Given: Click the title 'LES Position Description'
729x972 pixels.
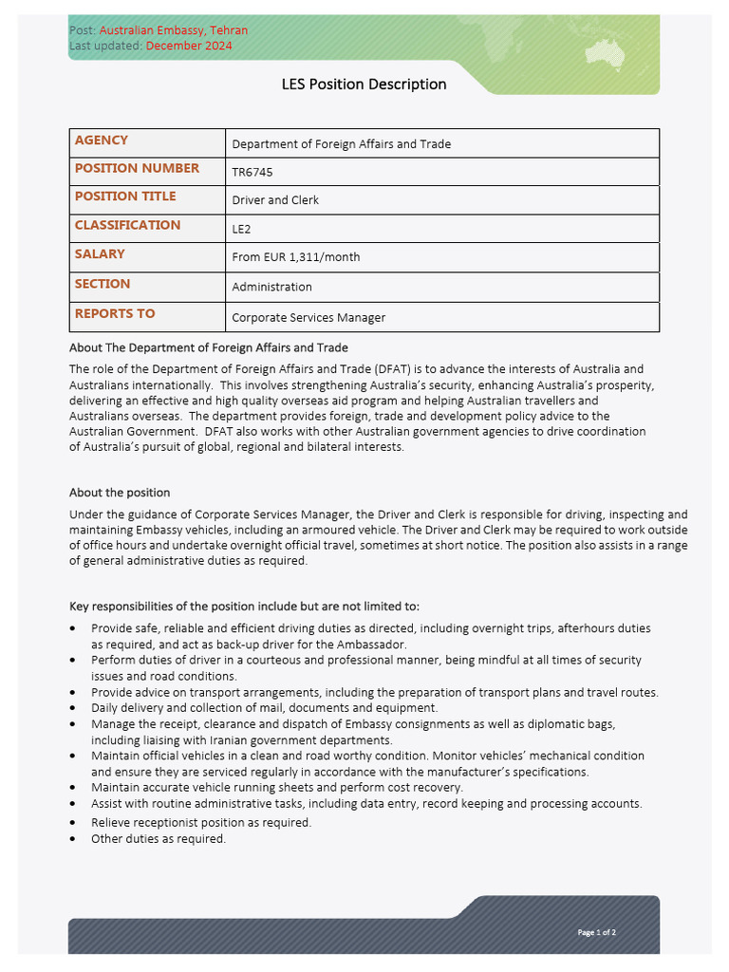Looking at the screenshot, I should coord(364,84).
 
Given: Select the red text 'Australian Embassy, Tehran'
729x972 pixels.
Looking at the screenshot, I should coord(174,30).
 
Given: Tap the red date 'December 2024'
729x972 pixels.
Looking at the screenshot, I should coord(189,46).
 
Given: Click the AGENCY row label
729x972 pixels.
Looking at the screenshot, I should coord(102,140).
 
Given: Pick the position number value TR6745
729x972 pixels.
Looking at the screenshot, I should coord(252,173).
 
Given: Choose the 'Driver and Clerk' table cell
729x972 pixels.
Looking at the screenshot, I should coord(275,200).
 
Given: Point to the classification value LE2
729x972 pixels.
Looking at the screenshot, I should coord(242,229).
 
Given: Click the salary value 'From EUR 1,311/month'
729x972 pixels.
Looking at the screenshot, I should coord(296,257).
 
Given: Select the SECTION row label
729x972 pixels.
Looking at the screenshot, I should coord(103,284).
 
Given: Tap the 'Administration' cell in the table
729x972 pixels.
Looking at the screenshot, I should coord(272,287).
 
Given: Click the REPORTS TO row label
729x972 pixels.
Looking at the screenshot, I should coord(115,314).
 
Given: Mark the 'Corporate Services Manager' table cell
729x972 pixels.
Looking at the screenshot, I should coord(308,318).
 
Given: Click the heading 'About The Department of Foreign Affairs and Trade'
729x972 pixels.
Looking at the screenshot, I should coord(209,347).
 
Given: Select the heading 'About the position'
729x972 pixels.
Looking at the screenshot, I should coord(120,493).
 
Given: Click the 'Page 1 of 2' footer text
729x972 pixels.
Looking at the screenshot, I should coord(597,932).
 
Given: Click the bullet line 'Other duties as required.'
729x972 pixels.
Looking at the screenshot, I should coord(159,839).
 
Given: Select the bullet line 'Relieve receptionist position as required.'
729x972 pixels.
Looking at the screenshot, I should coord(201,823).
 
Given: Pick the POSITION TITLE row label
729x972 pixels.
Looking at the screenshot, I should coord(125,196).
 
